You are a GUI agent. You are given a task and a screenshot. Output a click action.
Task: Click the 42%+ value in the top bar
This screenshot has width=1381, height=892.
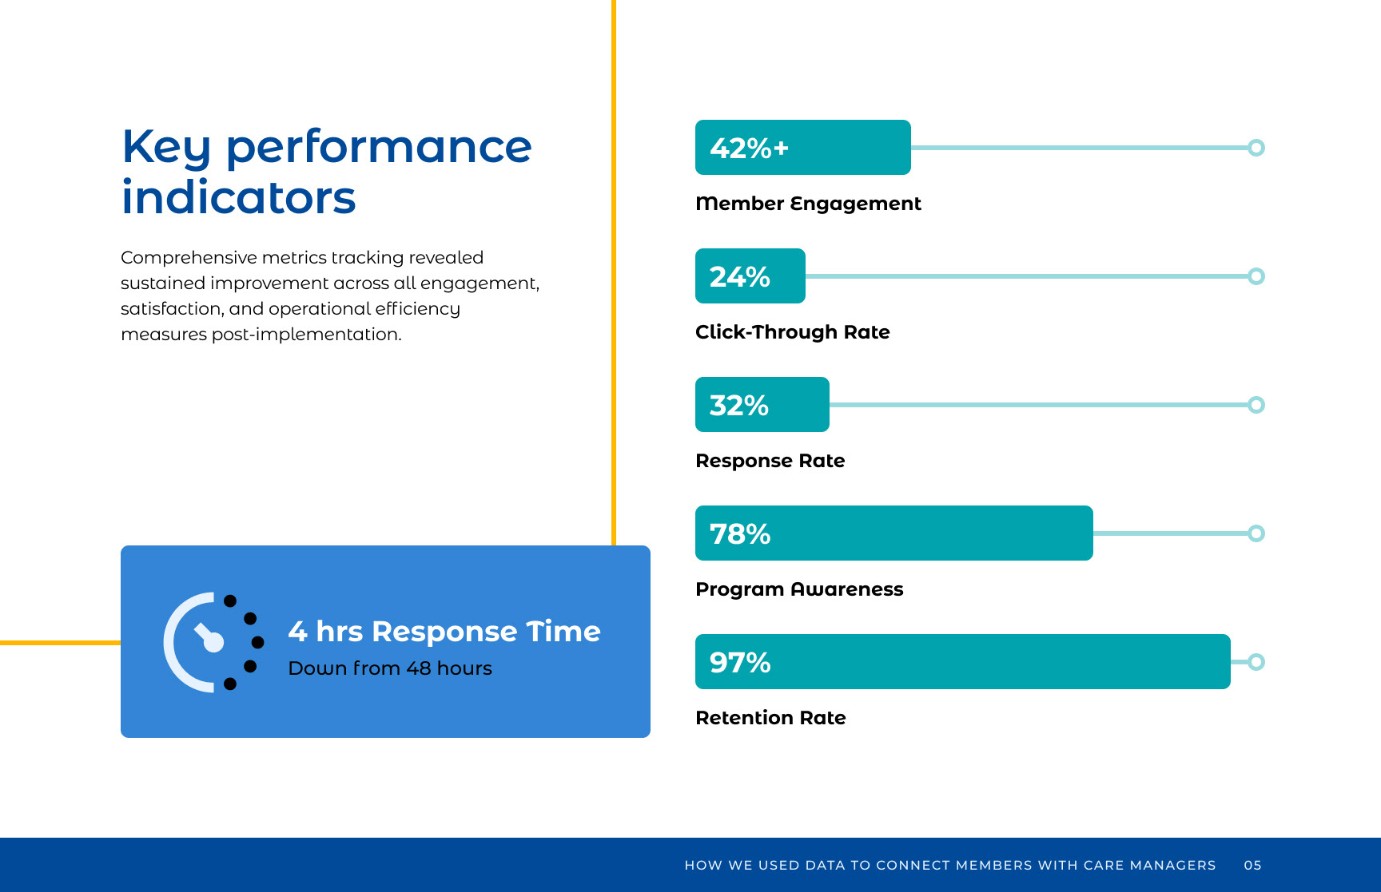749,149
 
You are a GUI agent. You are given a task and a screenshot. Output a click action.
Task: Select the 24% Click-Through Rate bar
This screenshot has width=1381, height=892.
750,276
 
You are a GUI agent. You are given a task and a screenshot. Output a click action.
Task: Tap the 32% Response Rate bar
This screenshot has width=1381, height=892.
762,405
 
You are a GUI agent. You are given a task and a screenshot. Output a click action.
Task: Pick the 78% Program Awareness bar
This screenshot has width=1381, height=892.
893,533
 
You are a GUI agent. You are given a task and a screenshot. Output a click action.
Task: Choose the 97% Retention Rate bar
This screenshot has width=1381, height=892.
962,662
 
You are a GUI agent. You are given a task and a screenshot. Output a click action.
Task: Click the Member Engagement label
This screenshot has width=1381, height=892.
808,204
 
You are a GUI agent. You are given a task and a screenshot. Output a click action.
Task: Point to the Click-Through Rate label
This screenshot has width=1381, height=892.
792,332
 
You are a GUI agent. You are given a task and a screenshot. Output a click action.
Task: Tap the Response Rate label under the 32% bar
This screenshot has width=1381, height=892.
770,461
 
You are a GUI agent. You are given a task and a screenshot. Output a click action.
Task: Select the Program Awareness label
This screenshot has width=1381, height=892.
799,589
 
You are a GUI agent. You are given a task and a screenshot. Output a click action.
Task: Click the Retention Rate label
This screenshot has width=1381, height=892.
770,718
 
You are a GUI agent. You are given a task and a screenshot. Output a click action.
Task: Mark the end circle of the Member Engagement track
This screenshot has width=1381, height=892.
1256,148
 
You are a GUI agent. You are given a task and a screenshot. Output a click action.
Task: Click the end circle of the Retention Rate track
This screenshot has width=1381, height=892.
1256,662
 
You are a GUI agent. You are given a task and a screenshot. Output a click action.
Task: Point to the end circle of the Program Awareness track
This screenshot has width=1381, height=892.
1256,533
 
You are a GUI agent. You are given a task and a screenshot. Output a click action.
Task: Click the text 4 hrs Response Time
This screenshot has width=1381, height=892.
444,632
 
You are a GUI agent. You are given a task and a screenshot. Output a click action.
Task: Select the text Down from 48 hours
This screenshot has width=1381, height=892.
390,668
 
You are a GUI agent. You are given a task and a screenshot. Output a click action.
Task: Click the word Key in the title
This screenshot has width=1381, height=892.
165,148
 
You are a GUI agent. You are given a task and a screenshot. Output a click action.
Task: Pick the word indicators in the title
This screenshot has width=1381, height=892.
238,198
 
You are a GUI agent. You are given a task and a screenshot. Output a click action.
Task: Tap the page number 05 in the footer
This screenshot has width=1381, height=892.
1252,865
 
